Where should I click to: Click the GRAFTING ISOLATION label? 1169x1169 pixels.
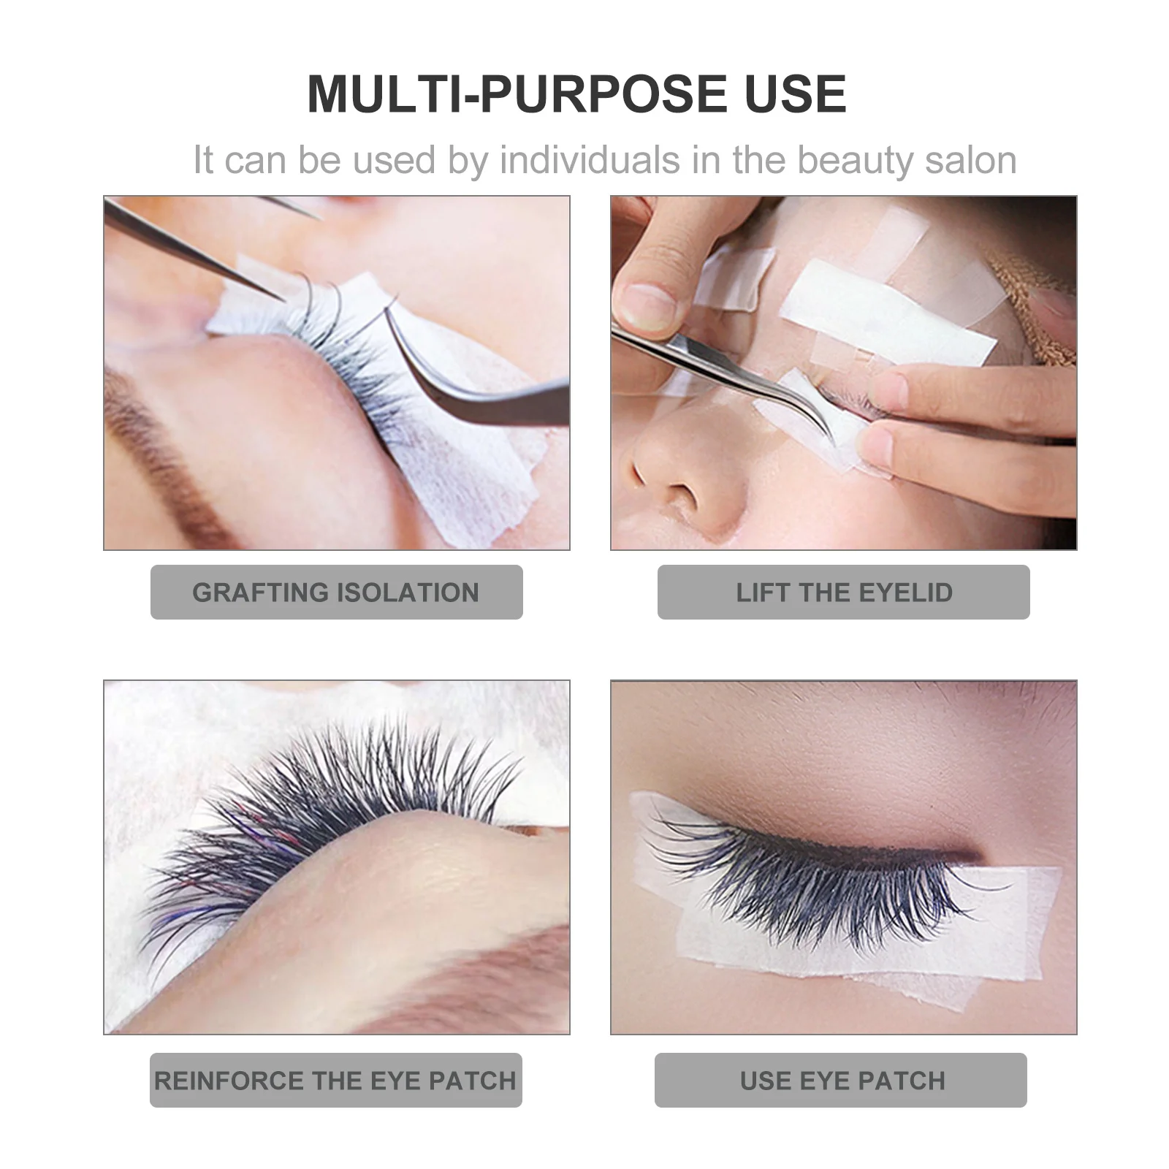pyautogui.click(x=336, y=592)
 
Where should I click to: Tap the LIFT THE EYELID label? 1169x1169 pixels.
pyautogui.click(x=843, y=592)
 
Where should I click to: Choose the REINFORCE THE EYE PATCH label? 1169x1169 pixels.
pyautogui.click(x=335, y=1080)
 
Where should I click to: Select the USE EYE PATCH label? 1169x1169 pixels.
pyautogui.click(x=841, y=1080)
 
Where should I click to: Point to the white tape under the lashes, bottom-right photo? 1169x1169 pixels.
pyautogui.click(x=840, y=957)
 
